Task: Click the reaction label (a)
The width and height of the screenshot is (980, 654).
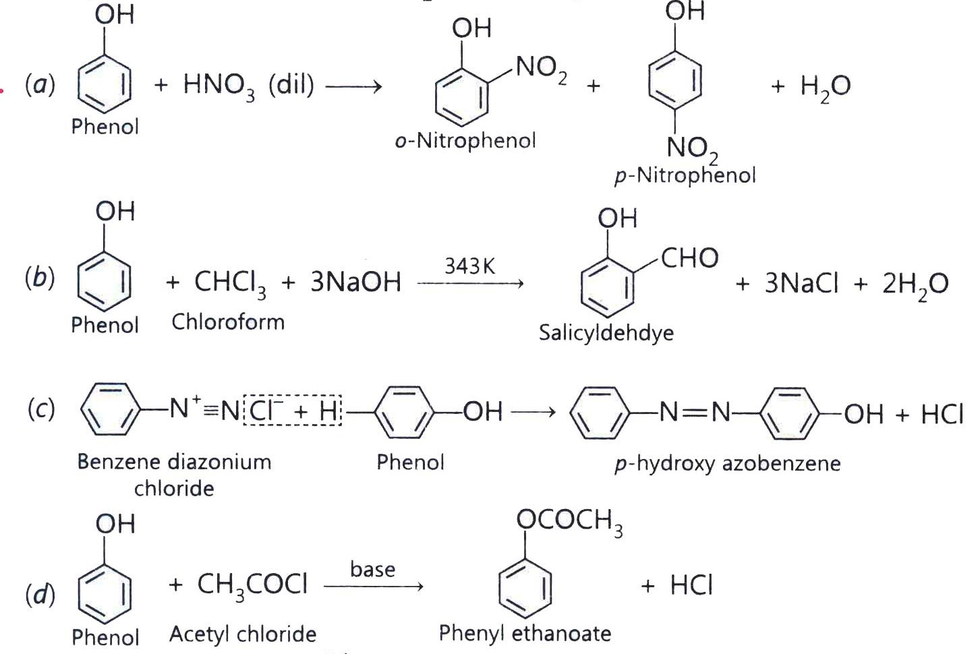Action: click(x=40, y=85)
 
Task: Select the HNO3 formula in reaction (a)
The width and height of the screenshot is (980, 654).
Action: click(x=219, y=86)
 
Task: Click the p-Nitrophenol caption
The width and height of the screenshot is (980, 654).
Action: click(x=685, y=176)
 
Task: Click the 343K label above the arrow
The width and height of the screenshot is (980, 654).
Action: click(x=470, y=266)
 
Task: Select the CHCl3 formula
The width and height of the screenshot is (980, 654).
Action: click(x=230, y=283)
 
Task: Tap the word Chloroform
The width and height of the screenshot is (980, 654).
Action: click(x=228, y=322)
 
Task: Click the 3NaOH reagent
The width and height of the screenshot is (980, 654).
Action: click(x=355, y=282)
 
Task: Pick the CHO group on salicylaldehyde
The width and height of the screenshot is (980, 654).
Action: click(x=689, y=258)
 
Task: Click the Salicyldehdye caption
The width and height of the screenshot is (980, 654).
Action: click(x=606, y=333)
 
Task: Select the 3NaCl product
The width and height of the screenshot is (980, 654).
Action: click(x=801, y=283)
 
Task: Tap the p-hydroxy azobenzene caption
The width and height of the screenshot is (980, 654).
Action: click(x=728, y=464)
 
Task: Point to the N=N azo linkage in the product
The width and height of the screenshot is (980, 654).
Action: click(x=694, y=412)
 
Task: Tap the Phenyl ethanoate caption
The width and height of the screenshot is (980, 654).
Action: click(x=525, y=634)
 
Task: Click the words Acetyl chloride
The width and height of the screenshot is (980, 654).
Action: click(x=243, y=634)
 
